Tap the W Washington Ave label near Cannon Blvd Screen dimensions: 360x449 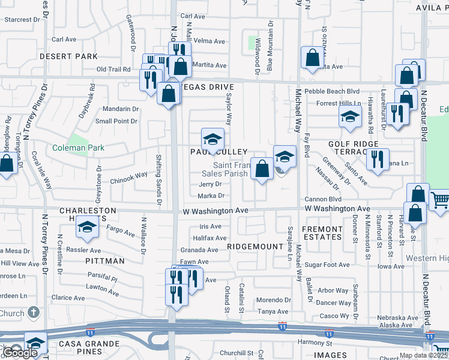337,208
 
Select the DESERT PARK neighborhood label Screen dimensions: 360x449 68,56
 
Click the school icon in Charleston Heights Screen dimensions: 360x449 88,228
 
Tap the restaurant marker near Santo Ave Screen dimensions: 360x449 377,159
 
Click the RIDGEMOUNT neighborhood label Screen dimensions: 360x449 255,247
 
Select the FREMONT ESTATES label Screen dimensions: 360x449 322,233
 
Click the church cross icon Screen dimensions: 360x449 34,313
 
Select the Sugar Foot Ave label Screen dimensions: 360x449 327,265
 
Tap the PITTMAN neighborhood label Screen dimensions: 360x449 105,261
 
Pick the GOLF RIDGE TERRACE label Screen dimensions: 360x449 353,148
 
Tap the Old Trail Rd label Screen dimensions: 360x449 113,70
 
